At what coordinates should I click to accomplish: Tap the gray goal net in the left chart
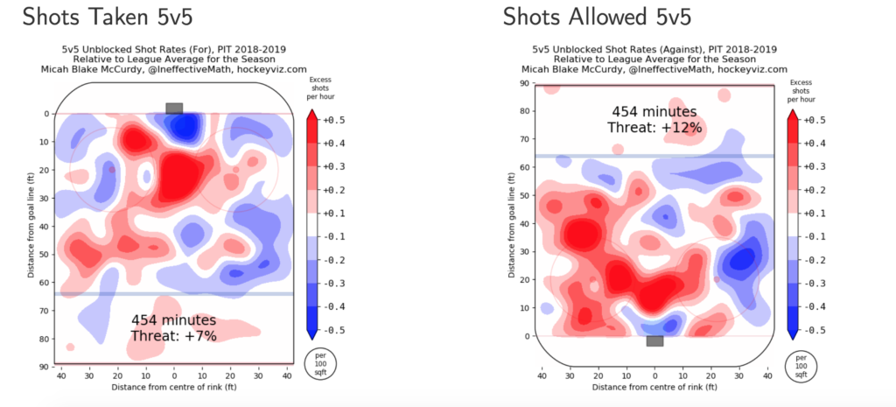point(174,108)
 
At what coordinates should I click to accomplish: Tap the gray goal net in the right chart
point(654,340)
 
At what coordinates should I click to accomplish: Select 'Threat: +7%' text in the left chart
point(173,336)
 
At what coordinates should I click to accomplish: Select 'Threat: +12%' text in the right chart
point(654,128)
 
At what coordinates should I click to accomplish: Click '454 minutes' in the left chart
point(173,320)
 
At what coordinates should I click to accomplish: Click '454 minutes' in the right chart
point(654,112)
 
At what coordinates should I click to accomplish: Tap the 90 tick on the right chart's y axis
point(525,84)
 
